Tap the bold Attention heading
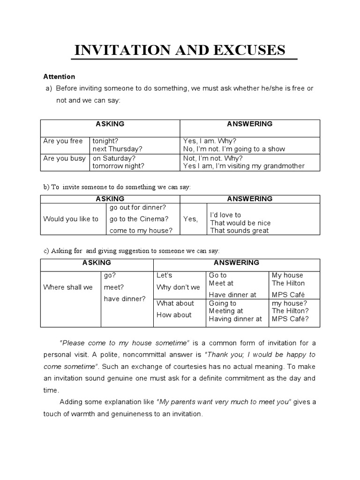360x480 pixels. pos(59,76)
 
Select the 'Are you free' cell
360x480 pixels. pos(63,141)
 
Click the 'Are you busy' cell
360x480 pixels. pos(64,158)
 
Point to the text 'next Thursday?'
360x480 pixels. pos(117,149)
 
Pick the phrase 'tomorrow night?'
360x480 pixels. pos(119,166)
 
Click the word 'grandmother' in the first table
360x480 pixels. pos(284,166)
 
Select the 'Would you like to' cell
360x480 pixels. pos(71,219)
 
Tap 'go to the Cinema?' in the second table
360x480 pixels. pos(139,219)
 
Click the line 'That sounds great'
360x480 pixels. pos(240,231)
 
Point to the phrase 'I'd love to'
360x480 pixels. pos(225,215)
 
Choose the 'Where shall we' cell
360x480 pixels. pos(68,287)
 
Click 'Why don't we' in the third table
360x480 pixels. pos(178,287)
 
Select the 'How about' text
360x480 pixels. pos(174,315)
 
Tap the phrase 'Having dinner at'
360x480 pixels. pos(235,319)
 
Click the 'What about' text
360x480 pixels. pos(175,303)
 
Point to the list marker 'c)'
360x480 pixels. pos(46,251)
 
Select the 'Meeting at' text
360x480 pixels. pos(226,311)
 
